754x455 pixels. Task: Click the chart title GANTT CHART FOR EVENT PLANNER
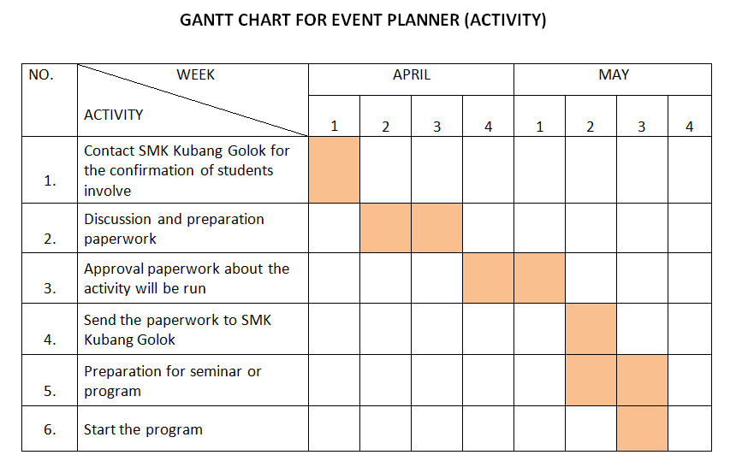pyautogui.click(x=363, y=21)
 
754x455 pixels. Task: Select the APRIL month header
pyautogui.click(x=411, y=75)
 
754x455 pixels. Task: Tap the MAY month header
pyautogui.click(x=613, y=75)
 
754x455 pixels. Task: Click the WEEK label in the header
pyautogui.click(x=195, y=75)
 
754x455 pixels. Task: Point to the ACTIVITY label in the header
pyautogui.click(x=114, y=115)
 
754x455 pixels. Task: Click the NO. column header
pyautogui.click(x=41, y=75)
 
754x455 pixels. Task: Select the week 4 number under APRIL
pyautogui.click(x=488, y=127)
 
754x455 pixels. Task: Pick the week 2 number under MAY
pyautogui.click(x=591, y=127)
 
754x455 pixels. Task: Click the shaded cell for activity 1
pyautogui.click(x=334, y=169)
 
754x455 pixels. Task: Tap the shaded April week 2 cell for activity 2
pyautogui.click(x=385, y=227)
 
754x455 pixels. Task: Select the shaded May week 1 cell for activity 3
pyautogui.click(x=539, y=277)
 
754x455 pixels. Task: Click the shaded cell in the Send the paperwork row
pyautogui.click(x=591, y=328)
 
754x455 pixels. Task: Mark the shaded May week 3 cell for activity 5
pyautogui.click(x=642, y=380)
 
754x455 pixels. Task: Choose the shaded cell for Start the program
pyautogui.click(x=642, y=428)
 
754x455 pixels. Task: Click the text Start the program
pyautogui.click(x=143, y=429)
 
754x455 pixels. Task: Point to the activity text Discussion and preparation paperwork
pyautogui.click(x=174, y=228)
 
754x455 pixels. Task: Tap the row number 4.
pyautogui.click(x=50, y=340)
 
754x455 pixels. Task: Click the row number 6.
pyautogui.click(x=50, y=429)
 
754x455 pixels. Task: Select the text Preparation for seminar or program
pyautogui.click(x=172, y=381)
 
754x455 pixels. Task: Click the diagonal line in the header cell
pyautogui.click(x=193, y=100)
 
